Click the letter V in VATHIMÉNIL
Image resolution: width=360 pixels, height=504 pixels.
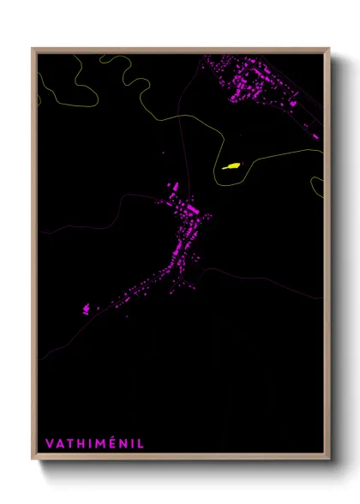click(49, 444)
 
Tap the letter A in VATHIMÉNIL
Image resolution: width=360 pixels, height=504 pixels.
click(59, 444)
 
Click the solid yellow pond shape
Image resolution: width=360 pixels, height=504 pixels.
click(231, 166)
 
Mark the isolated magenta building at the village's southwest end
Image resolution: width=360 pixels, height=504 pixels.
click(86, 309)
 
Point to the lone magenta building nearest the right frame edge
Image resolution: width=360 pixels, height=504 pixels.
click(315, 135)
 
